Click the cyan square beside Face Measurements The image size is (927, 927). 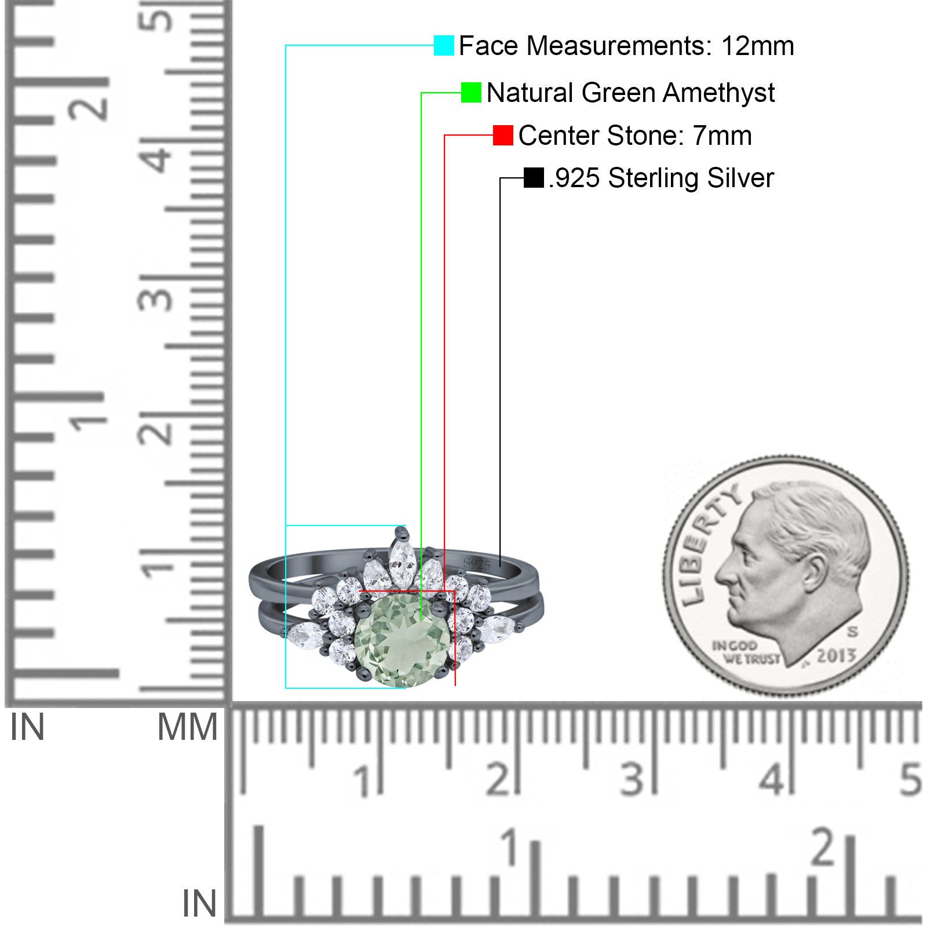pyautogui.click(x=444, y=45)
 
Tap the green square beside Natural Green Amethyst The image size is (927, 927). pyautogui.click(x=471, y=92)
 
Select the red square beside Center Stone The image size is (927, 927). pyautogui.click(x=503, y=135)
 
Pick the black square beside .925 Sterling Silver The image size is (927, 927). pyautogui.click(x=534, y=178)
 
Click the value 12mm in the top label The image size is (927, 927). pyautogui.click(x=757, y=46)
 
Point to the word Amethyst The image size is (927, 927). pyautogui.click(x=718, y=93)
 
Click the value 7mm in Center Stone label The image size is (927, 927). pyautogui.click(x=722, y=136)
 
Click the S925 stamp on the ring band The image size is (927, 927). pyautogui.click(x=477, y=564)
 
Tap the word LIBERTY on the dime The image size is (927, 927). pyautogui.click(x=709, y=543)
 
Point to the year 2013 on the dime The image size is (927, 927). pyautogui.click(x=836, y=655)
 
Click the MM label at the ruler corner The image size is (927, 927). pyautogui.click(x=187, y=727)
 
